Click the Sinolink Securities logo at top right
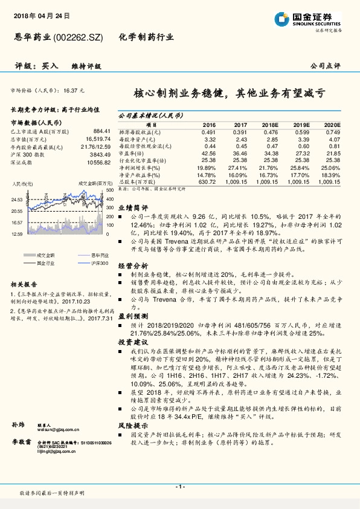(317, 19)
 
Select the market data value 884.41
(101, 131)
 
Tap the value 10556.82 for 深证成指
(98, 162)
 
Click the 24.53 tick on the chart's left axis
(17, 199)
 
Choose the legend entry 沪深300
(86, 263)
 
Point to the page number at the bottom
(179, 487)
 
